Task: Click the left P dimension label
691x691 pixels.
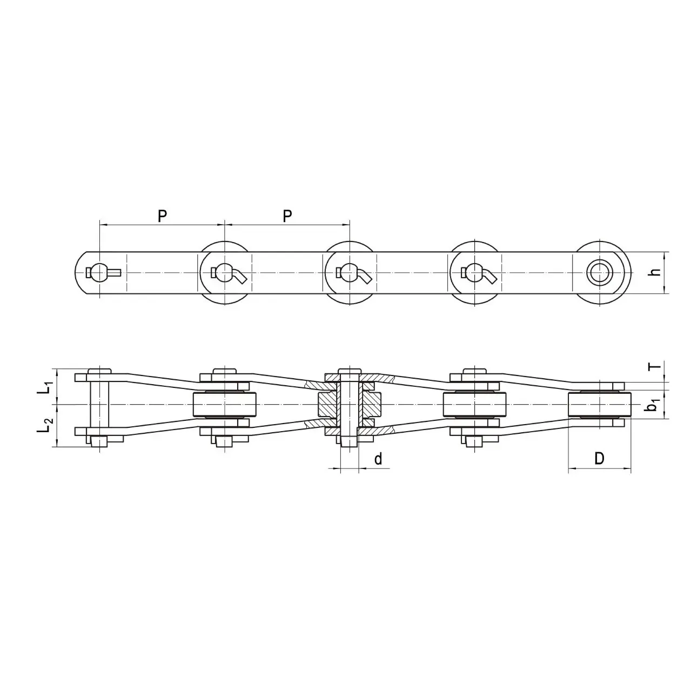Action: [163, 216]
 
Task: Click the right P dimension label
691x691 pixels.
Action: [287, 216]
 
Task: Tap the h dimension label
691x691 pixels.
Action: [655, 272]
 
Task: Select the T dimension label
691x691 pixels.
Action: [655, 366]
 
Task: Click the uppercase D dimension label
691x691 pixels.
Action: [599, 458]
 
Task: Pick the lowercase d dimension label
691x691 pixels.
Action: [378, 459]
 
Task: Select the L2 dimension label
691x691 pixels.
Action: [46, 425]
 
